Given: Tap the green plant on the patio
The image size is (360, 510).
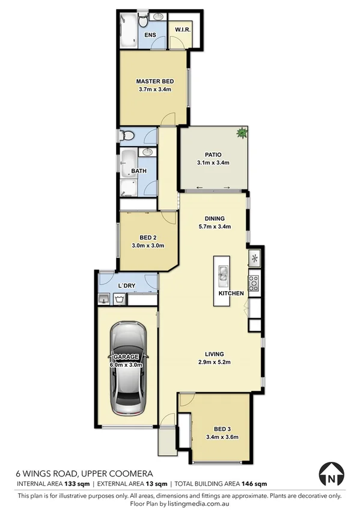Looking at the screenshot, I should pyautogui.click(x=242, y=133).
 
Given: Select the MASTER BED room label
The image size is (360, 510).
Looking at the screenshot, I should pyautogui.click(x=154, y=81).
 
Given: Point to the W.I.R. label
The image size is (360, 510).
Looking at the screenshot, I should pyautogui.click(x=182, y=29).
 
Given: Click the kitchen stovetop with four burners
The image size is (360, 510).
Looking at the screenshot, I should pyautogui.click(x=254, y=280).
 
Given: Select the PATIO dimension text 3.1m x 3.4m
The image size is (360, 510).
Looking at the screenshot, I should pyautogui.click(x=213, y=162).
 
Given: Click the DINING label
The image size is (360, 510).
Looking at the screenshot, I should pyautogui.click(x=214, y=218).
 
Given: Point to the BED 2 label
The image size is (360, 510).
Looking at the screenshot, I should pyautogui.click(x=148, y=237).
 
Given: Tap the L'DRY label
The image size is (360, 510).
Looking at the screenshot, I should pyautogui.click(x=127, y=284).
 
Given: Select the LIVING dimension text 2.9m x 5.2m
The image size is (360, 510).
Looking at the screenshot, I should pyautogui.click(x=214, y=361).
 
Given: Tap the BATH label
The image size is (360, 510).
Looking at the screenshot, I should pyautogui.click(x=139, y=171).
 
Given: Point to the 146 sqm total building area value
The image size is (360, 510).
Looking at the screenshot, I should pyautogui.click(x=255, y=483).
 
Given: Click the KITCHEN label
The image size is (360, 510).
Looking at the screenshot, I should pyautogui.click(x=231, y=293).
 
